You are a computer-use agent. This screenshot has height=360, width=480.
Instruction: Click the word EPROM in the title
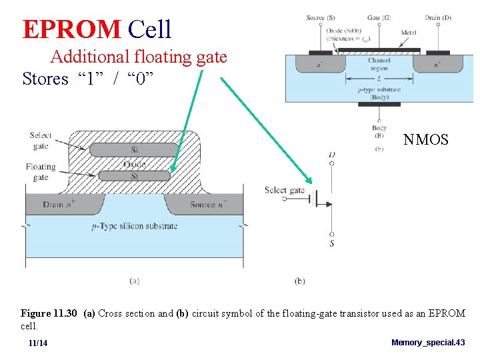click(71, 29)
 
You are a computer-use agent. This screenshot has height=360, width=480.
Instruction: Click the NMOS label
click(426, 139)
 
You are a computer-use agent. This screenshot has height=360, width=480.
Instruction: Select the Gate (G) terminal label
click(379, 17)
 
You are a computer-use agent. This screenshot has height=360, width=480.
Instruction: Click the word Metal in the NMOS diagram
click(409, 32)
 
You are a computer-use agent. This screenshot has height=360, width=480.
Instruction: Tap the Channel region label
click(379, 65)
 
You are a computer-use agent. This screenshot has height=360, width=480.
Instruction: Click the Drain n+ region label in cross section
click(59, 204)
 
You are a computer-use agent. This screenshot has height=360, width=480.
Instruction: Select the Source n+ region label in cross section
click(208, 204)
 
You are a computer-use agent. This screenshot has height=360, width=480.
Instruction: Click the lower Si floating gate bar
click(133, 176)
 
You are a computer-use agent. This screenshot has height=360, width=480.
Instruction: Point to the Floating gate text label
click(41, 172)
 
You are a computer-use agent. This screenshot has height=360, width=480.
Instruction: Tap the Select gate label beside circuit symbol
click(284, 191)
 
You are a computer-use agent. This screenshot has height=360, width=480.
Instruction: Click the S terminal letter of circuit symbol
click(332, 244)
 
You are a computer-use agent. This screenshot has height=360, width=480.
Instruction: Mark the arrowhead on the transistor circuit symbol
click(329, 205)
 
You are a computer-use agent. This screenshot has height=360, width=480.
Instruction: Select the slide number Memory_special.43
click(428, 342)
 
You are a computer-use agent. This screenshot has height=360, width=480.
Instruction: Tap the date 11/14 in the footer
click(38, 343)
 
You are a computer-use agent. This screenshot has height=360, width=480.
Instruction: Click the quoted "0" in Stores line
click(141, 79)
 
